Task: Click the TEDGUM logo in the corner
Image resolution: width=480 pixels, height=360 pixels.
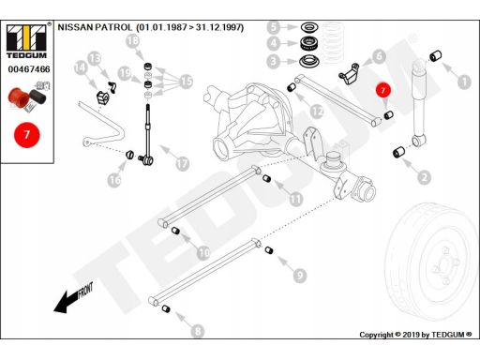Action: pos(26,41)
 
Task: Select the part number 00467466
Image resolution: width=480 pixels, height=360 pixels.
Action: pos(29,69)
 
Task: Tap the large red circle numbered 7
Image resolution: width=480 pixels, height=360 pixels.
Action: pos(27,135)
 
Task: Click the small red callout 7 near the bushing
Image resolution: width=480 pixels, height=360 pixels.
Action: pos(383,90)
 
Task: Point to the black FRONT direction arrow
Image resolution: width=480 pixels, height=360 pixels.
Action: pos(73,298)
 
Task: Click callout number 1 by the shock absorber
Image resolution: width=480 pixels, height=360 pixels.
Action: pos(464,82)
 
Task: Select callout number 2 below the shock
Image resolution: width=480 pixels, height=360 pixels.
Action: pos(424,178)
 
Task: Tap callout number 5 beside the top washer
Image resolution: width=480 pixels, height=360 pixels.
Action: pos(274,27)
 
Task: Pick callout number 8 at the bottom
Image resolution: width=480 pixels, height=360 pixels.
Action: pos(198,331)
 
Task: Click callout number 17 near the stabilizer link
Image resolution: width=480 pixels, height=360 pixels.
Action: pos(183,163)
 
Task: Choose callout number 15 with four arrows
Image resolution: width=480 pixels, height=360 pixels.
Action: pos(187,82)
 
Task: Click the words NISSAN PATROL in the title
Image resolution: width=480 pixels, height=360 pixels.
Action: pos(95,27)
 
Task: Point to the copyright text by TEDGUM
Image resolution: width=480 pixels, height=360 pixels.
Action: pos(415,335)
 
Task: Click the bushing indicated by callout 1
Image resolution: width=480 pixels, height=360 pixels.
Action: pos(435,55)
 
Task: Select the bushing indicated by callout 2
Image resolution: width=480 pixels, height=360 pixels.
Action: pos(398,152)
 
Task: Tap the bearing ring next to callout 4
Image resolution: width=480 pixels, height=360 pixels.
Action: pos(309,43)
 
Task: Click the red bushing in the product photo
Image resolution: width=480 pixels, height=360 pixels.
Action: pos(19,98)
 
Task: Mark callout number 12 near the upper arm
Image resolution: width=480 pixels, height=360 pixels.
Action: pos(317,112)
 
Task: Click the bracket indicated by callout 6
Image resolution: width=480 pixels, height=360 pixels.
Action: pos(349,74)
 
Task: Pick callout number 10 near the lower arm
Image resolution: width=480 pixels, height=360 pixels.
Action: pos(203,252)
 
